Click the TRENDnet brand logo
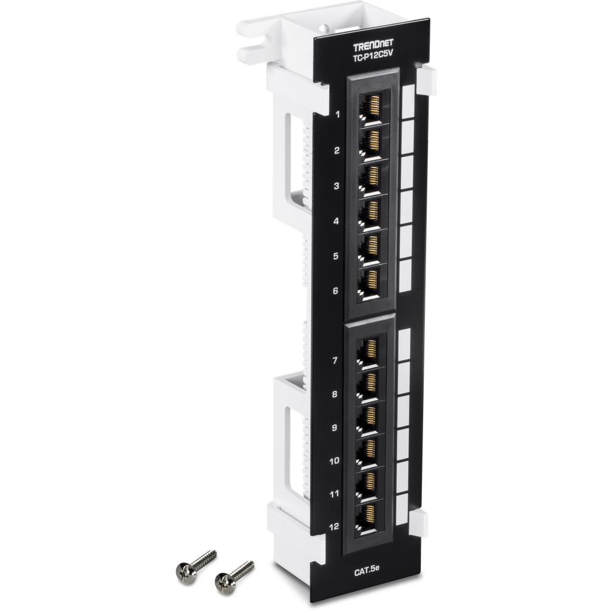371,47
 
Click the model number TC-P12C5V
370,57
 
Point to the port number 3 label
336,186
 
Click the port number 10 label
333,461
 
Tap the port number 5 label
336,256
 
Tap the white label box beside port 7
404,342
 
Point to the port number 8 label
335,394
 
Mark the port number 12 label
333,527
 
